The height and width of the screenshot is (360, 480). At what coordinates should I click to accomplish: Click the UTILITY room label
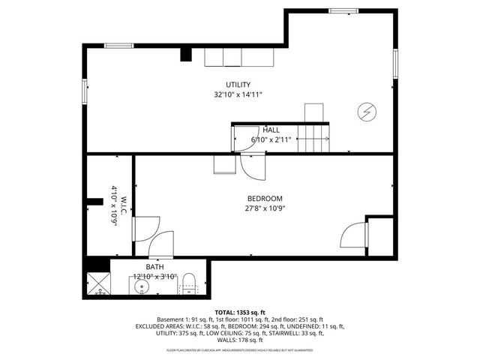coord(238,85)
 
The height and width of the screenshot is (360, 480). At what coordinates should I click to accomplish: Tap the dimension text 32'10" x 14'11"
coord(238,95)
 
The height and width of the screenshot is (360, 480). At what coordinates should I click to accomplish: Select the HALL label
coord(271,130)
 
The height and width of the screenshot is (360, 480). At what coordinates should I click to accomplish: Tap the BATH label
coord(154,267)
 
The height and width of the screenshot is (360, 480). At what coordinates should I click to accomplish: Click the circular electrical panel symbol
coord(367,112)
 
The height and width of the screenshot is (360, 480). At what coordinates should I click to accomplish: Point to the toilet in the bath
coord(190,283)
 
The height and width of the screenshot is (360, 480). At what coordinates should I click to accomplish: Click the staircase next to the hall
coord(314,135)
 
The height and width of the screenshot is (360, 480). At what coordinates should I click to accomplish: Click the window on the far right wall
coord(397,60)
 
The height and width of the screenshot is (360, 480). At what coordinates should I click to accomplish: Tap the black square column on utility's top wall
coord(185,54)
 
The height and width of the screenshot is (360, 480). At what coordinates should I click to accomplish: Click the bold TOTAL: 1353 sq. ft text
coord(240,312)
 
